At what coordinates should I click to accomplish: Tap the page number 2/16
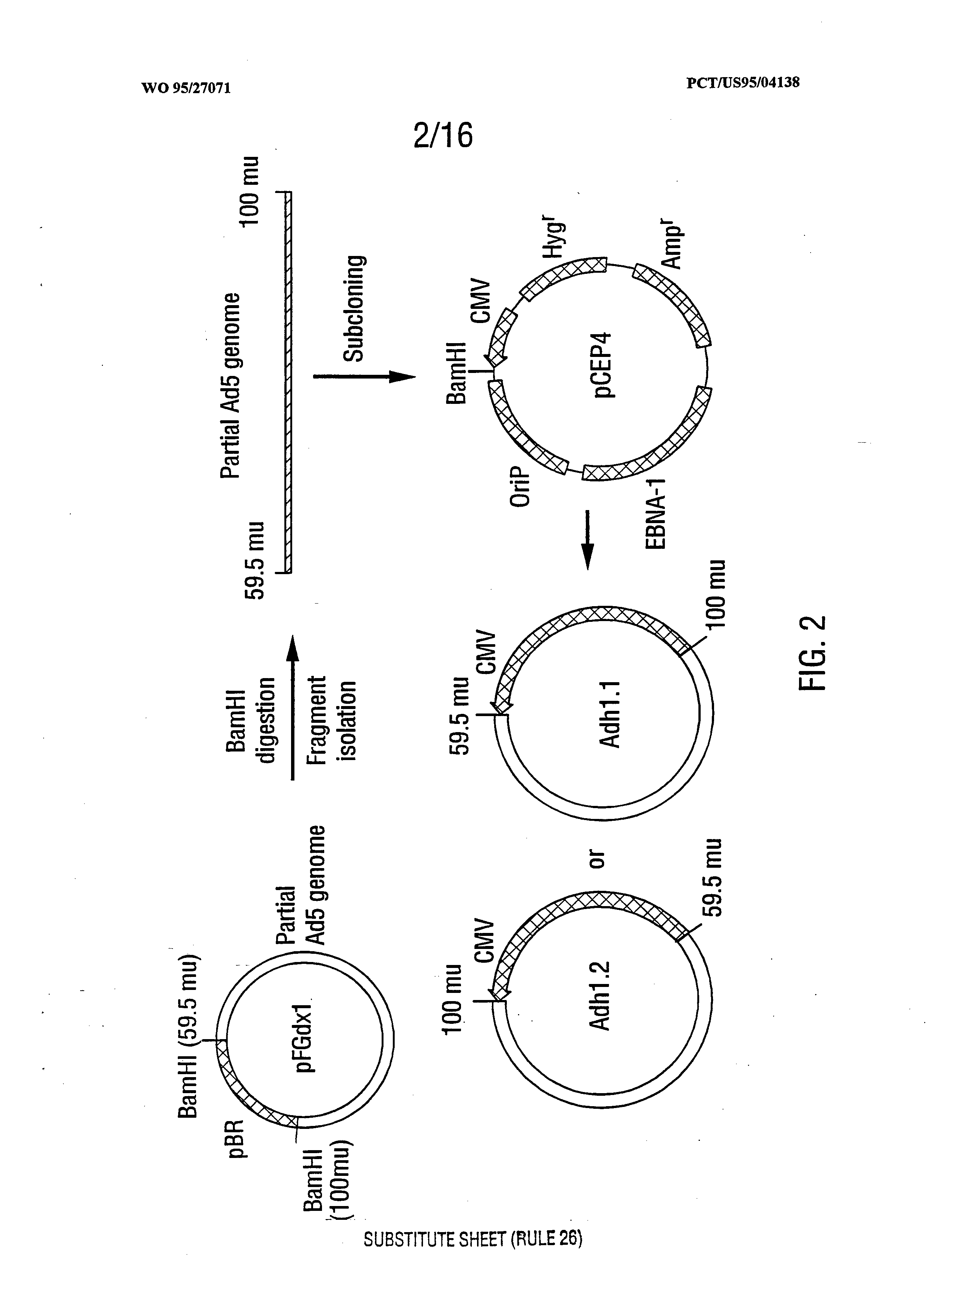[x=443, y=135]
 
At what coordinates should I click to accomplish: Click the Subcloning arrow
[x=364, y=376]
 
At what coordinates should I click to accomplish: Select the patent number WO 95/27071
[x=186, y=88]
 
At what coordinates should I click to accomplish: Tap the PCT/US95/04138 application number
[x=743, y=82]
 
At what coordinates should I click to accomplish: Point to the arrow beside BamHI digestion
[x=293, y=707]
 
